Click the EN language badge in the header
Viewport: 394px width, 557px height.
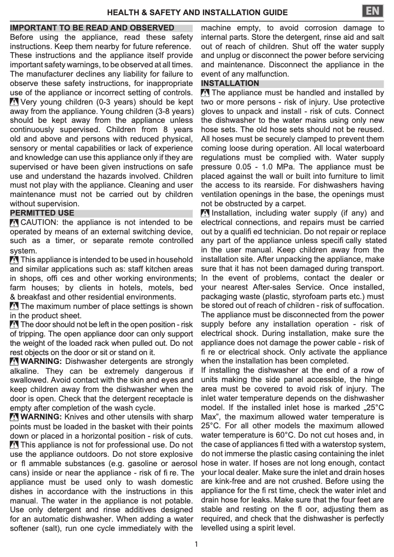coord(373,10)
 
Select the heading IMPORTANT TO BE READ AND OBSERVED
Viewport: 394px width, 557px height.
coord(92,28)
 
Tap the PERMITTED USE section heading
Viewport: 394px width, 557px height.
coord(42,213)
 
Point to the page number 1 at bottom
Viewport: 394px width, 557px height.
coord(196,544)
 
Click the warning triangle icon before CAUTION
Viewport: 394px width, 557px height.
coord(14,223)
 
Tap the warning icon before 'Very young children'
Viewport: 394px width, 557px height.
coord(14,103)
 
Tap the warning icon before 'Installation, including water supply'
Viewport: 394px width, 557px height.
coord(205,213)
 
